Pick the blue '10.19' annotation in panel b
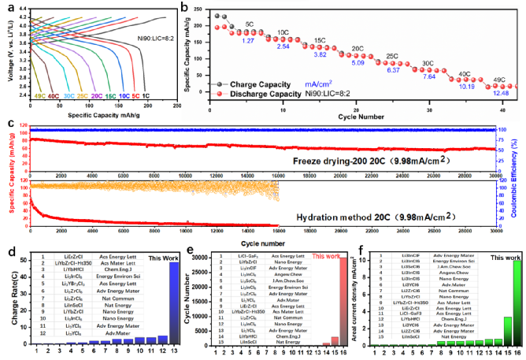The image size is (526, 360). (x=466, y=87)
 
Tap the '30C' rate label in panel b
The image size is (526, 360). (x=428, y=63)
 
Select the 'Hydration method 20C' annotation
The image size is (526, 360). (x=364, y=214)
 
